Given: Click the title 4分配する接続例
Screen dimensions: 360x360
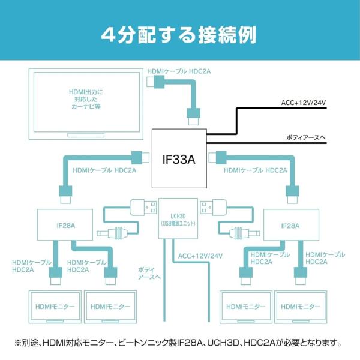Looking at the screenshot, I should [x=179, y=32].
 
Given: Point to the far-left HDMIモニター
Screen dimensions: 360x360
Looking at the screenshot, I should [x=53, y=307].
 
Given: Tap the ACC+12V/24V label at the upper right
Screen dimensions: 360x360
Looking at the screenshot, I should [x=303, y=103].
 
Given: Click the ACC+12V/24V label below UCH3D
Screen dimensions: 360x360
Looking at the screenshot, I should [x=200, y=256].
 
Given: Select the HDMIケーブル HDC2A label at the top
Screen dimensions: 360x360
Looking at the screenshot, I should [x=179, y=72].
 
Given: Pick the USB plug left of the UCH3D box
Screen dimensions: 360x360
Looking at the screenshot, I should [x=142, y=207].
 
